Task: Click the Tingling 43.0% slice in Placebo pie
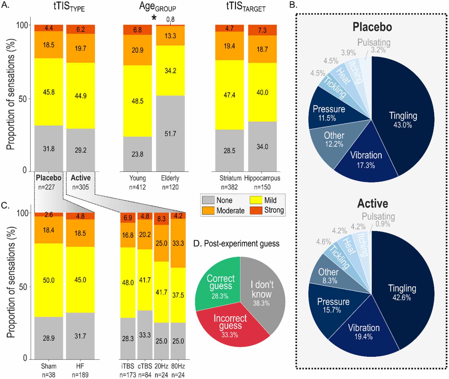click(x=402, y=120)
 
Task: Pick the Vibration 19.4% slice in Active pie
click(x=364, y=332)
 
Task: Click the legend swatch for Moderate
click(x=208, y=210)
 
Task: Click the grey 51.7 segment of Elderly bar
click(x=170, y=134)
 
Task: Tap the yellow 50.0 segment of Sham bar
click(x=49, y=280)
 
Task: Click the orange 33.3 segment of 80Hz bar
click(x=178, y=243)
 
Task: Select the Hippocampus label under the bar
click(x=262, y=178)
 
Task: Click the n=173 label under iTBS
click(x=128, y=375)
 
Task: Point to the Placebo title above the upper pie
click(x=372, y=27)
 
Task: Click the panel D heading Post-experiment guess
click(x=241, y=243)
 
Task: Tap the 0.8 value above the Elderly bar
click(x=170, y=19)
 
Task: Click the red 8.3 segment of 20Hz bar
click(x=161, y=219)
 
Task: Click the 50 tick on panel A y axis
click(x=23, y=99)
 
